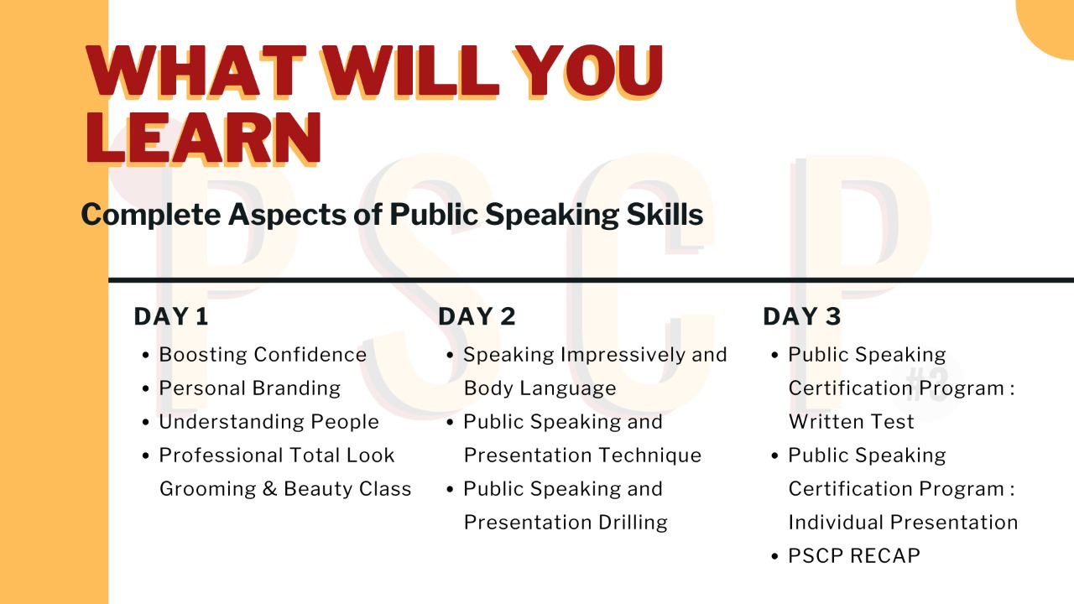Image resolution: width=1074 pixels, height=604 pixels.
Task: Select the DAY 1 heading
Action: click(171, 316)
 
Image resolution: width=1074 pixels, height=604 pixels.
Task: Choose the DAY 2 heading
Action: click(477, 316)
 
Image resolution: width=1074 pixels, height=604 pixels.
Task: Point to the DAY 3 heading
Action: click(801, 316)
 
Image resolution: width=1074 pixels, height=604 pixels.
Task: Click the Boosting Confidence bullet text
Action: click(263, 355)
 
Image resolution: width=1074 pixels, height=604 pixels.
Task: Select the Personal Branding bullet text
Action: click(250, 388)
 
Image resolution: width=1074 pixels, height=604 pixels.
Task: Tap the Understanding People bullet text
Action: click(268, 422)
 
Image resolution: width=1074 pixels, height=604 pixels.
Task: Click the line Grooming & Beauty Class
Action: click(285, 489)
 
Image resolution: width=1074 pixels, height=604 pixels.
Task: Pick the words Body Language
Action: click(540, 388)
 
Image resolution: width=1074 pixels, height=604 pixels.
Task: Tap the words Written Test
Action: click(851, 422)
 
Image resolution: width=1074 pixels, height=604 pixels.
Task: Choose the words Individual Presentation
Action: click(903, 523)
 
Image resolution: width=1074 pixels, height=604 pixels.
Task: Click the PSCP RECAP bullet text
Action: click(854, 556)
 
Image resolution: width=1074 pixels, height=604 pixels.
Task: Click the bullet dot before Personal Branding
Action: click(148, 389)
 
